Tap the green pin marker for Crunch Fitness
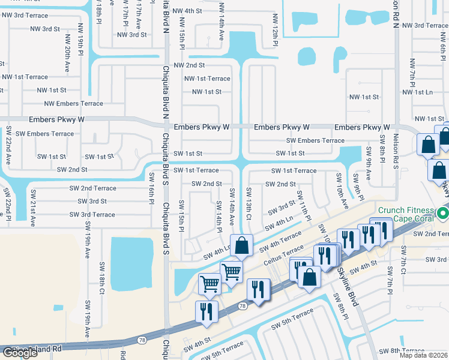(x=443, y=214)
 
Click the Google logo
(x=20, y=353)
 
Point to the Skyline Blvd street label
(x=349, y=289)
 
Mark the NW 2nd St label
(x=189, y=65)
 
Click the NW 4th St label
(x=187, y=11)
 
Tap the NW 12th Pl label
(x=276, y=30)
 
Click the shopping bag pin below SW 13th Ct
(x=241, y=246)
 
